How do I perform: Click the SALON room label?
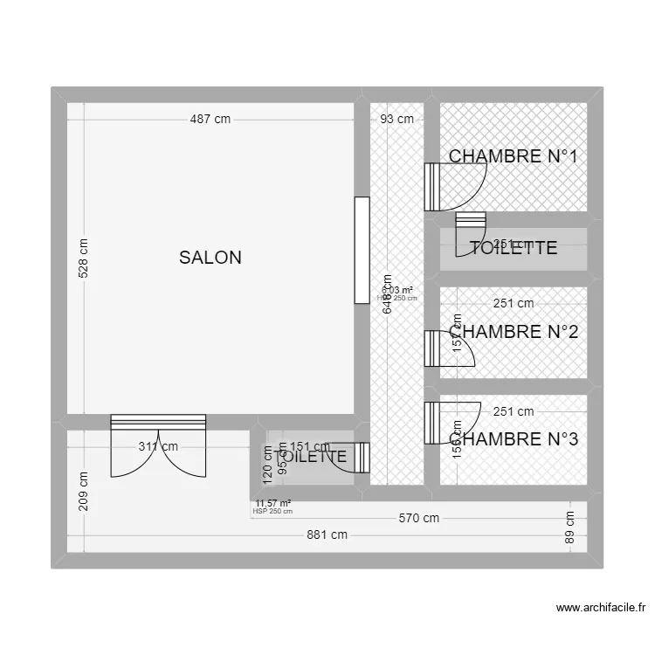[x=210, y=258]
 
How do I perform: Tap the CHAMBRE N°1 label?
[x=514, y=156]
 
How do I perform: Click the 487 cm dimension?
[x=210, y=120]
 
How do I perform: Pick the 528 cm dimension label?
[x=83, y=259]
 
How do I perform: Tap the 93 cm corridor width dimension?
[x=396, y=120]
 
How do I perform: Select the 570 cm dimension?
[x=419, y=518]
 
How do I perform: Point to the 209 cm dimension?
[x=83, y=492]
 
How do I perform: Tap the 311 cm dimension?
[x=158, y=446]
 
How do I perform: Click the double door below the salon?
[x=158, y=445]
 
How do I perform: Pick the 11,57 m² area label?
[x=272, y=503]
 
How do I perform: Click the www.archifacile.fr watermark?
[x=601, y=608]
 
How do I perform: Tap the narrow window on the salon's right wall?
[x=362, y=250]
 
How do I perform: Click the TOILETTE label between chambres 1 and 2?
[x=514, y=248]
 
